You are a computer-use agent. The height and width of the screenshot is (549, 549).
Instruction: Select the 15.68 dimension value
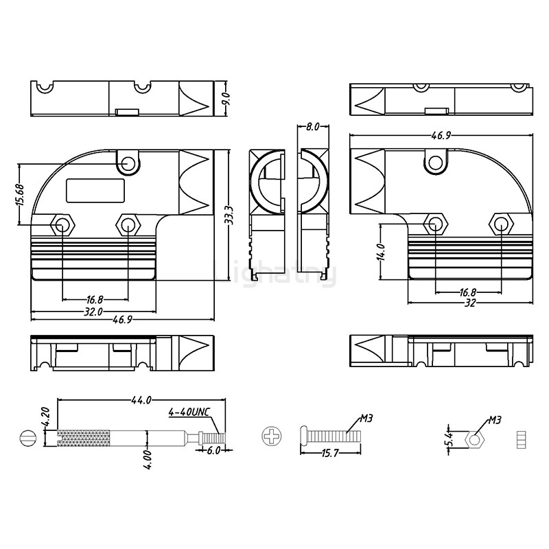click(x=20, y=195)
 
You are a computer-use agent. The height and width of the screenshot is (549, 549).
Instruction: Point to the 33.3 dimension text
click(x=229, y=215)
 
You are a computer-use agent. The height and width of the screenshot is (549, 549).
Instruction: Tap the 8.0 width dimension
click(x=312, y=127)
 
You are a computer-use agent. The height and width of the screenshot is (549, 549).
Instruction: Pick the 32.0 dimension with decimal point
click(x=93, y=312)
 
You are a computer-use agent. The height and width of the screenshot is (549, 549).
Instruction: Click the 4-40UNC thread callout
click(x=188, y=413)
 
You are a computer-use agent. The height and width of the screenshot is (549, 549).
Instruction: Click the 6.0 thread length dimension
click(x=213, y=451)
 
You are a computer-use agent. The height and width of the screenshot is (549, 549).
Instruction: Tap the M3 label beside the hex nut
click(x=495, y=419)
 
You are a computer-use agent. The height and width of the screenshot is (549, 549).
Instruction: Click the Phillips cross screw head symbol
click(x=271, y=436)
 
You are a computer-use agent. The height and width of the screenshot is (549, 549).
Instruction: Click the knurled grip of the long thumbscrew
click(x=83, y=437)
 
